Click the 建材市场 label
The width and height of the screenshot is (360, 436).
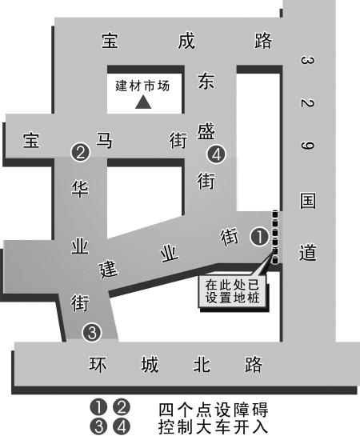point(142,86)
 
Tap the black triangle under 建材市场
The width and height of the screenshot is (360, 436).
point(143,102)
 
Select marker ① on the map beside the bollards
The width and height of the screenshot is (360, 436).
point(260,237)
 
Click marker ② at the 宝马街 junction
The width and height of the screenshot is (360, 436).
point(81,153)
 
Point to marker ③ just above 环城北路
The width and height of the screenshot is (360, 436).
point(92,333)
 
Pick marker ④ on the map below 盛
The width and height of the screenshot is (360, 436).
point(216,154)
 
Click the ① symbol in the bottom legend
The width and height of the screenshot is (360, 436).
point(98,407)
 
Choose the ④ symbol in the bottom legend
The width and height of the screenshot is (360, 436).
point(122,426)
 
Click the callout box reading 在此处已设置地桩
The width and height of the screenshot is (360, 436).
point(233,291)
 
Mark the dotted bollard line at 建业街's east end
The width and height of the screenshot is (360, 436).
point(275,237)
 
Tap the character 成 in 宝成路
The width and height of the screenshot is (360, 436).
point(186,41)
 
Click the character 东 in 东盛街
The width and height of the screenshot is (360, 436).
point(206,81)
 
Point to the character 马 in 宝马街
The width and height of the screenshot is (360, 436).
point(104,140)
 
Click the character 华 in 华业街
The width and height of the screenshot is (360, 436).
point(80,189)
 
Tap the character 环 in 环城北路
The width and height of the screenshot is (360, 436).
point(98,364)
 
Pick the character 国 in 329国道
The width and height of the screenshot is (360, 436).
point(308,201)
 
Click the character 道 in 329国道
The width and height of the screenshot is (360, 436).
point(308,252)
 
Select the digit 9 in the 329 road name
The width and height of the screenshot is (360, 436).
point(307,146)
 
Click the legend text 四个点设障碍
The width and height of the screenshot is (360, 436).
point(214,409)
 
